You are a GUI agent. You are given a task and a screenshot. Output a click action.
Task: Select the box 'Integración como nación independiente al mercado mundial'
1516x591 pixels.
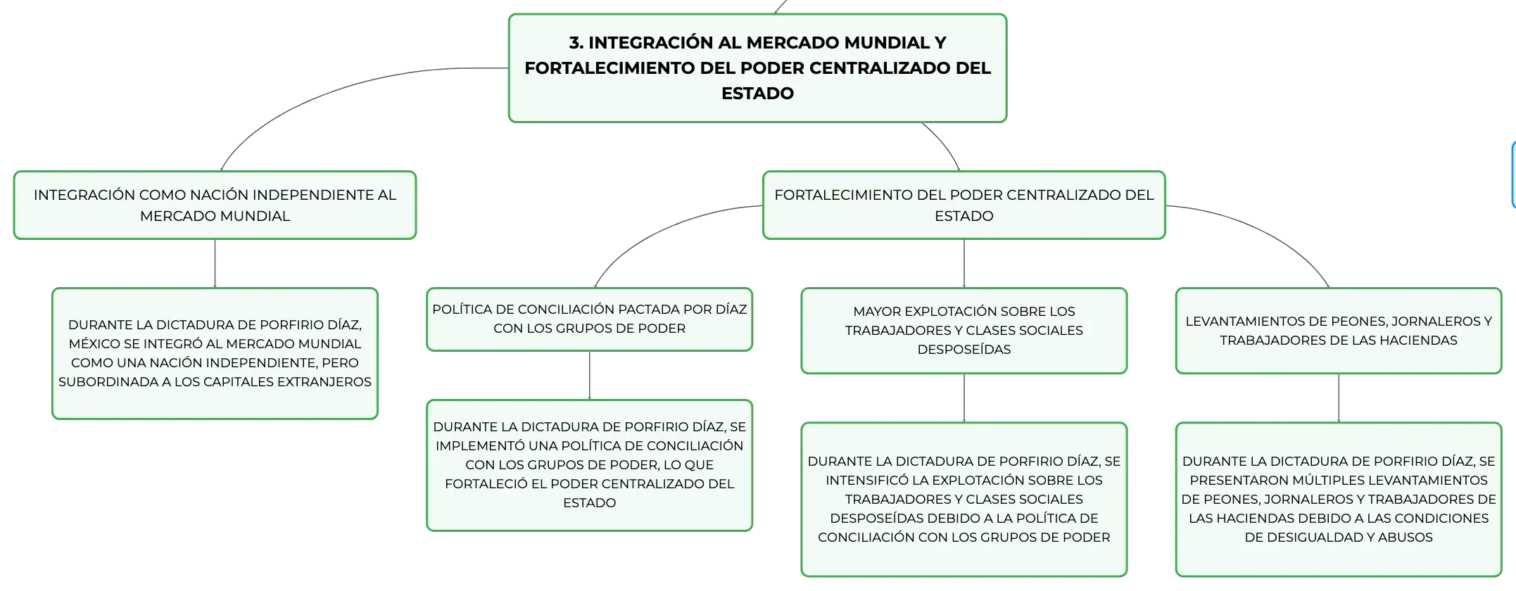click(x=215, y=205)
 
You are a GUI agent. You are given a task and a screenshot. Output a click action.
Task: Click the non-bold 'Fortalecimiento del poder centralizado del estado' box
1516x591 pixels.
click(x=964, y=205)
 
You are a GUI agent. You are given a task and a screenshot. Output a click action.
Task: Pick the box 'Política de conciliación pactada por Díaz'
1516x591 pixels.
click(x=590, y=319)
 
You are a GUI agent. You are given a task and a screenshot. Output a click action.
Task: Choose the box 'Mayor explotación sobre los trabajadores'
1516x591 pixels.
click(x=964, y=331)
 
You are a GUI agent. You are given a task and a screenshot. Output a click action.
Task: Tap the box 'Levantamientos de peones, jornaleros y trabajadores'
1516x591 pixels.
click(x=1339, y=331)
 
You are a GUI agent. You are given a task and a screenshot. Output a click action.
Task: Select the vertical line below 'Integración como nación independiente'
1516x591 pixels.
click(x=215, y=264)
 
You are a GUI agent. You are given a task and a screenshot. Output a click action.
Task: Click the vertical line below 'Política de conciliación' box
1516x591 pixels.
click(x=590, y=376)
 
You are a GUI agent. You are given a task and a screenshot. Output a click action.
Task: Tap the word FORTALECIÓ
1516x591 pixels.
click(x=486, y=484)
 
